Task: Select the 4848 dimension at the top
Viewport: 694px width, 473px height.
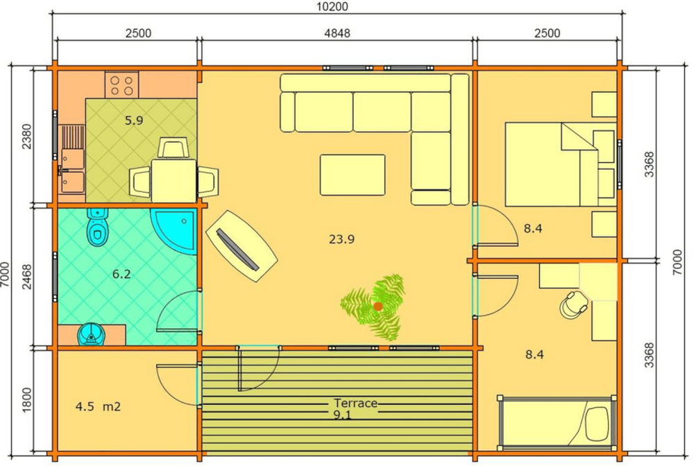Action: tap(337, 33)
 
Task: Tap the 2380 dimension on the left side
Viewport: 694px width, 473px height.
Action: tap(26, 137)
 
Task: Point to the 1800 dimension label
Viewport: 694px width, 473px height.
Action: tap(26, 400)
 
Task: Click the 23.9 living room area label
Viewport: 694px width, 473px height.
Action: tap(341, 239)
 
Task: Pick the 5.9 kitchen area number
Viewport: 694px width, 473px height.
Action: tap(134, 121)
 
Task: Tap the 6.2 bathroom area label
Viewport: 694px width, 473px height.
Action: tap(121, 275)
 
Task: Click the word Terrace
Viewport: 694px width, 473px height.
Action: tap(356, 403)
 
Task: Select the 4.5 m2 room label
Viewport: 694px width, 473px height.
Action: tap(98, 406)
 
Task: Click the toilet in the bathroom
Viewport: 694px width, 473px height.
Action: tap(98, 226)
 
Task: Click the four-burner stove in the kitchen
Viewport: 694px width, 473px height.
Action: tap(121, 85)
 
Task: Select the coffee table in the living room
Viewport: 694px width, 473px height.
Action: tap(353, 175)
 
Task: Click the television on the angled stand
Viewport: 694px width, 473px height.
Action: tap(237, 249)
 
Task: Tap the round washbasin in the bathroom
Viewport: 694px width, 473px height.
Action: tap(92, 334)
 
